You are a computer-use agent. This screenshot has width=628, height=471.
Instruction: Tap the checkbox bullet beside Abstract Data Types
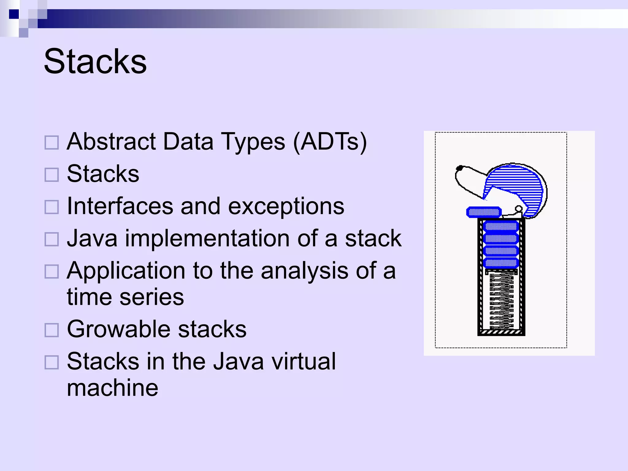point(52,143)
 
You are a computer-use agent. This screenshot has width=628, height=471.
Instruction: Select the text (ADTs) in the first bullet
point(330,142)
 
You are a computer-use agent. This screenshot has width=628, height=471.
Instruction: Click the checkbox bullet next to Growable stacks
point(52,330)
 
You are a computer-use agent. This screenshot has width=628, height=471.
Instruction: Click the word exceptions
point(286,206)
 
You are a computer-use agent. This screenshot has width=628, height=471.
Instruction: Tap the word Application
point(126,271)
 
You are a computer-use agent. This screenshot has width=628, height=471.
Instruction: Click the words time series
point(125,297)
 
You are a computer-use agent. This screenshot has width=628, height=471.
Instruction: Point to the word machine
point(112,388)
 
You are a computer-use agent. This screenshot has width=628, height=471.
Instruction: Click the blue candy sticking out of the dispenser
point(484,212)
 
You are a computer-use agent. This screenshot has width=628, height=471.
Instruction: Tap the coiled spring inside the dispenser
point(501,301)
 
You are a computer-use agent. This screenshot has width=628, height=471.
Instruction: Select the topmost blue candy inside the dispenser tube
point(501,227)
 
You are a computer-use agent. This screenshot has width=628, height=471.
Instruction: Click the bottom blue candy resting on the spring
point(501,263)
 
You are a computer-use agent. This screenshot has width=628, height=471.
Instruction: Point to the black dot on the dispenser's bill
point(459,168)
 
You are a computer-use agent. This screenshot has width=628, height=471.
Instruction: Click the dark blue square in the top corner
point(14,14)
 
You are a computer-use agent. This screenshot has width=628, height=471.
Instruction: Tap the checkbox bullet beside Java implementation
point(52,239)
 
